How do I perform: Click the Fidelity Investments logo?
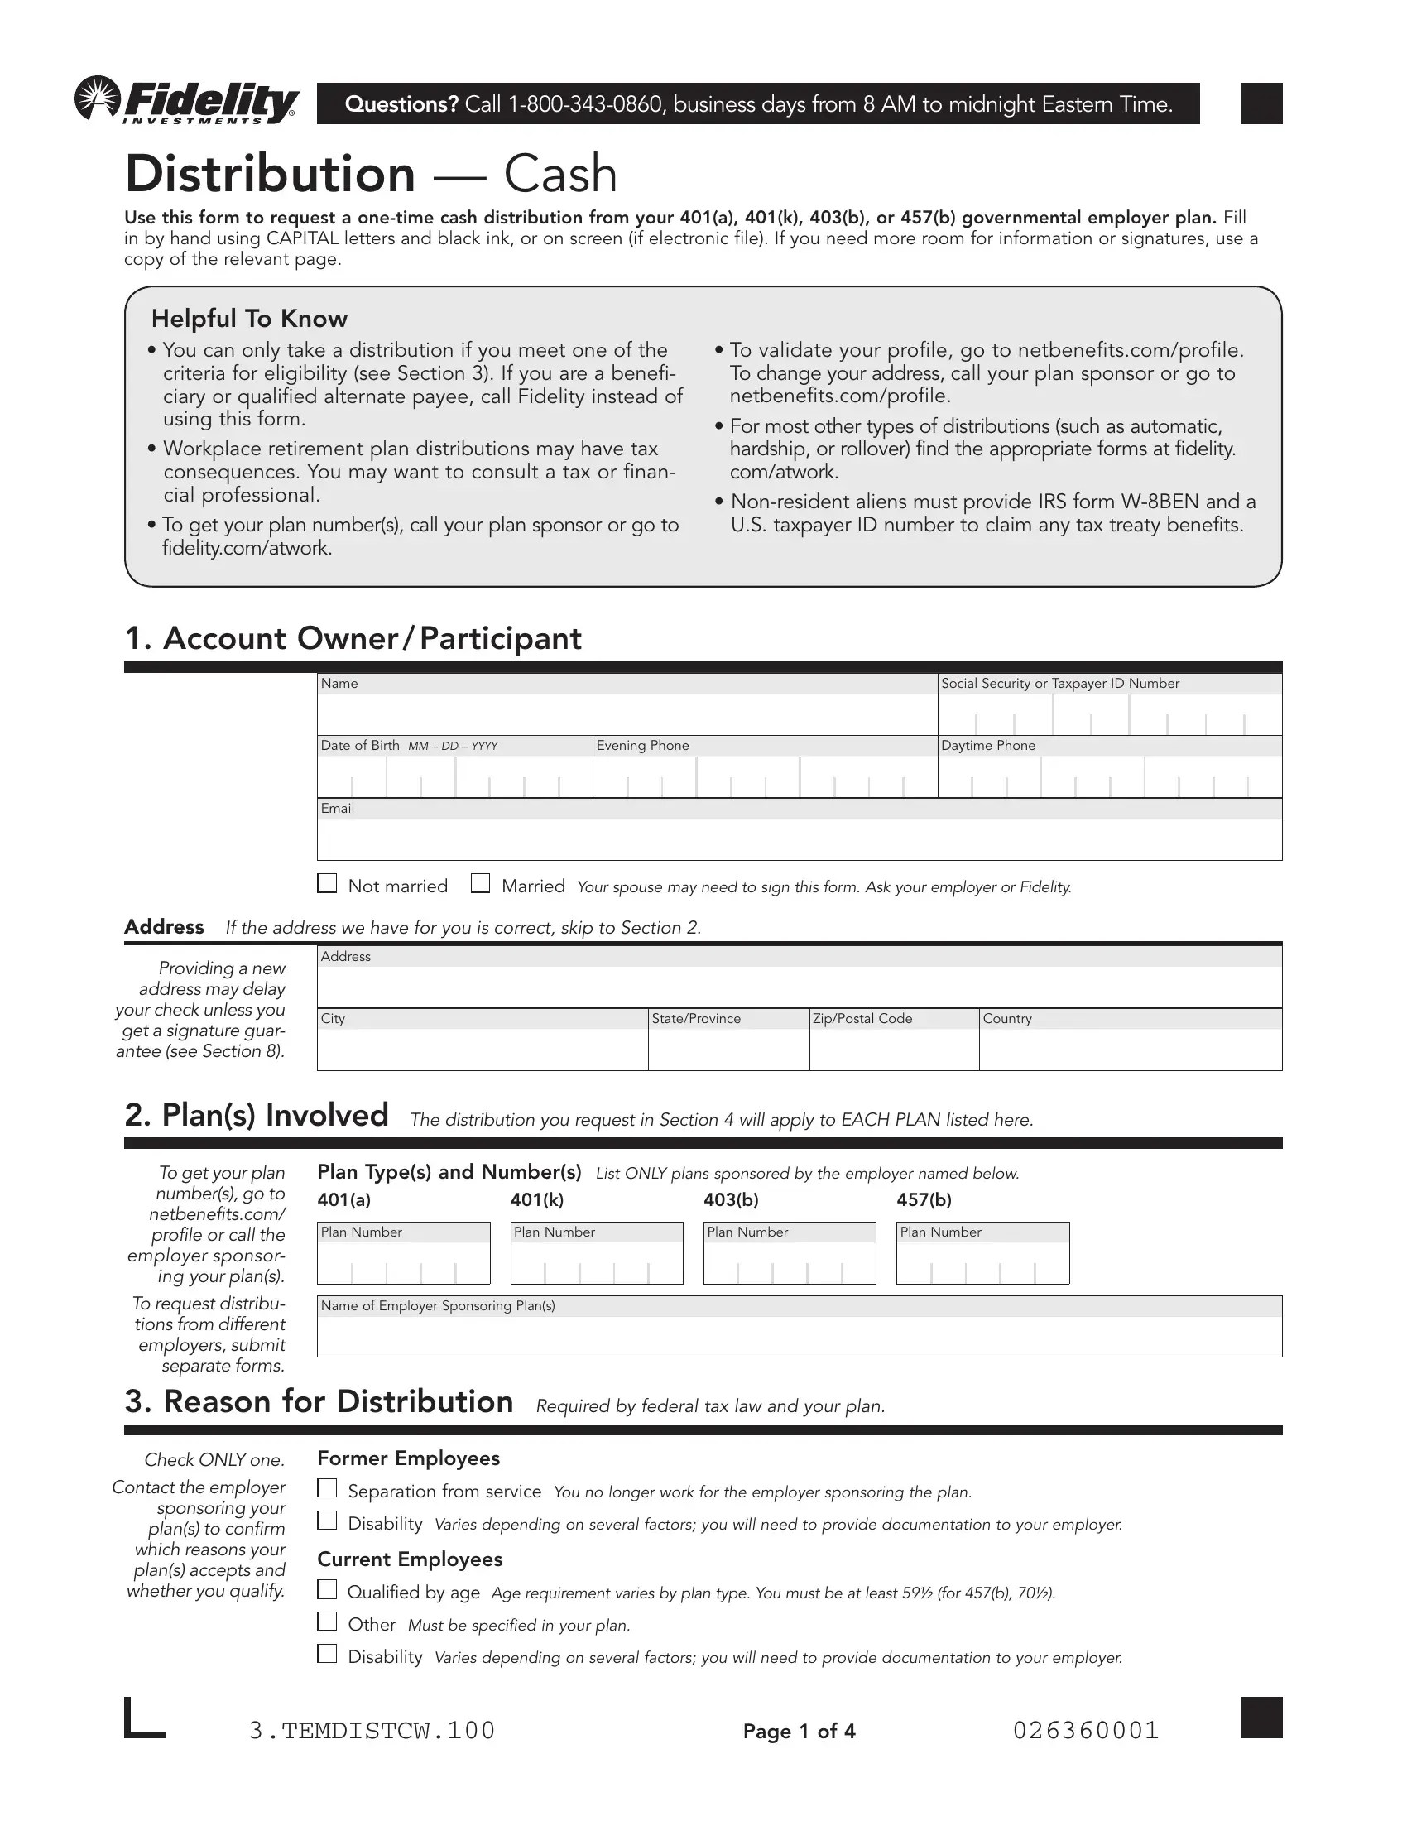tap(186, 101)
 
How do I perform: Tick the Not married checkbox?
tap(327, 883)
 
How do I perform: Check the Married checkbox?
tap(480, 883)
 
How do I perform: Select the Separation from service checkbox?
tap(327, 1488)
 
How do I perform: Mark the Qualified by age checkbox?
tap(327, 1589)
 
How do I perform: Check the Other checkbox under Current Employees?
tap(327, 1622)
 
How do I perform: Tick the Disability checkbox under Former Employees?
tap(327, 1521)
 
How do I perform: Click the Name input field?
tap(627, 713)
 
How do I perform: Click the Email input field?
tap(799, 838)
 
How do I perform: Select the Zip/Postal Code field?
tap(894, 1048)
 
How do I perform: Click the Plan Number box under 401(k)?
tap(596, 1262)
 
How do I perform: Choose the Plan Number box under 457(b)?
tap(982, 1262)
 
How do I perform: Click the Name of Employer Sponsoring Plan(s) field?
tap(799, 1336)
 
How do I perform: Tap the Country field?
tap(1130, 1048)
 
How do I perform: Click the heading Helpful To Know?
tap(249, 319)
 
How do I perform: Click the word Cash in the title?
tap(560, 175)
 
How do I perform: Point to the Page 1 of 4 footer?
tap(799, 1731)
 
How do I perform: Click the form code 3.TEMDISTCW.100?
tap(372, 1730)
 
